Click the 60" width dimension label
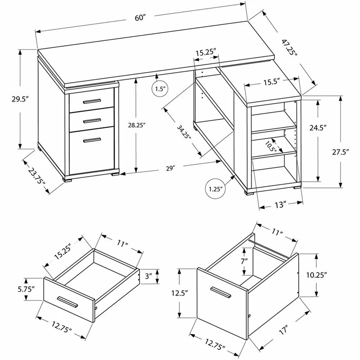click(140, 18)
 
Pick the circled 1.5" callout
click(160, 89)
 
